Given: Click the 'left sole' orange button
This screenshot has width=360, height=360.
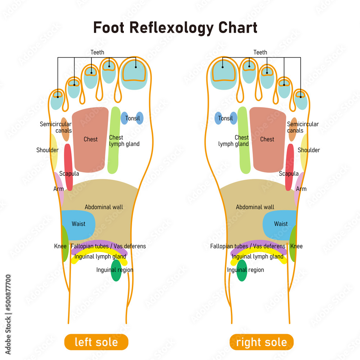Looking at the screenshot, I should pos(96,342).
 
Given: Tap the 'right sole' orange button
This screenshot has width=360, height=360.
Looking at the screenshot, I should pos(261,342).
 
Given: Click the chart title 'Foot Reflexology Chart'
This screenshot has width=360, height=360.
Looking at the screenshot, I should pos(175,27).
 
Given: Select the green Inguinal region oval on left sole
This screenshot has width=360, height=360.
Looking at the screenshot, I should pos(116,270).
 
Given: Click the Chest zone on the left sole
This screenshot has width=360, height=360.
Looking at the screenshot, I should pos(90,139).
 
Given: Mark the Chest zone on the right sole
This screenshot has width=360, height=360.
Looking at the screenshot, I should pos(267,139).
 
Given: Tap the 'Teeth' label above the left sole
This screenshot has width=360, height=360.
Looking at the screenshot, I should pos(97,53).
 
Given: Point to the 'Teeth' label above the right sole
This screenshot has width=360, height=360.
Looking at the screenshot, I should pos(260,53).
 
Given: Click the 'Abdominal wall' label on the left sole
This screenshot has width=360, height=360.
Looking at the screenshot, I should pos(104,207).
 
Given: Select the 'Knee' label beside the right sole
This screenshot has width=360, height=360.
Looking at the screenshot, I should pos(296,246).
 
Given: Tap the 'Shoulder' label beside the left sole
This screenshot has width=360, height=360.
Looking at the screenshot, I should pos(47,150).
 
